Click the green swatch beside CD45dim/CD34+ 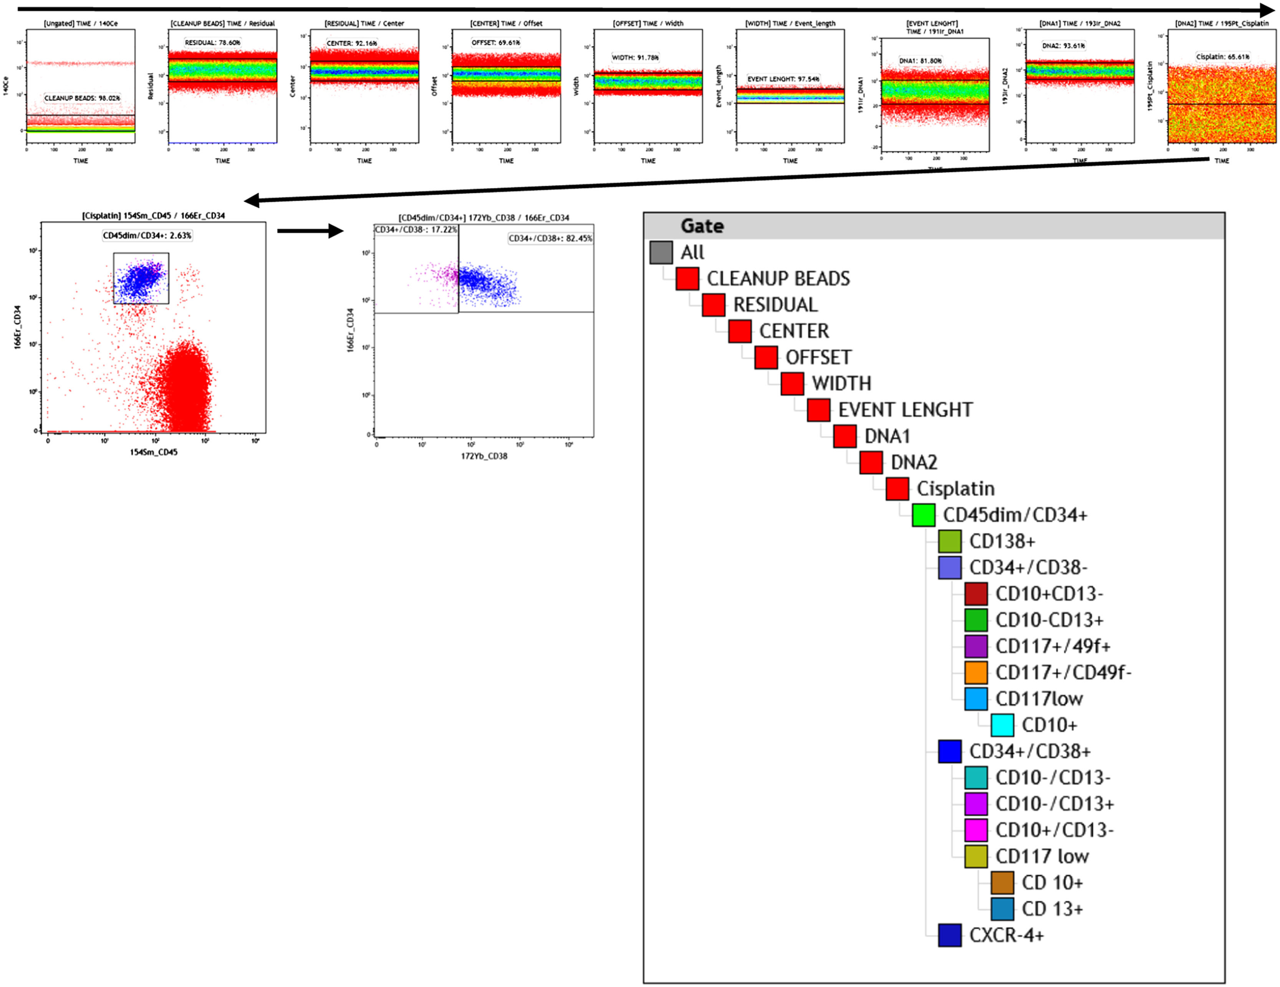pos(923,515)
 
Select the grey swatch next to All pos(661,252)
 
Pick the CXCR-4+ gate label pos(1006,935)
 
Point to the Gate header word pos(702,226)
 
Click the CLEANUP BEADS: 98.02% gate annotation pos(82,98)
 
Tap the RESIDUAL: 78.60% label pos(212,42)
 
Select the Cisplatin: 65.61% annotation pos(1222,56)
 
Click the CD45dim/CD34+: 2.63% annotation pos(147,235)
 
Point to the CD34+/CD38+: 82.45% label pos(550,238)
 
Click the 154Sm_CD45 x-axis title pos(154,452)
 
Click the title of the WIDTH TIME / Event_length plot pos(790,23)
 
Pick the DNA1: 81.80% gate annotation pos(920,60)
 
